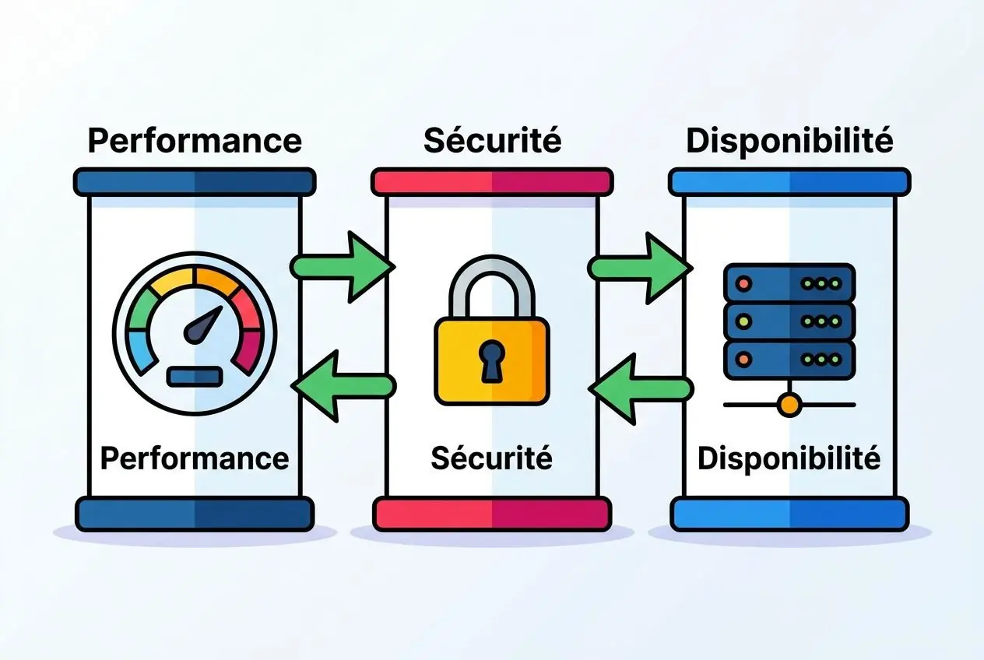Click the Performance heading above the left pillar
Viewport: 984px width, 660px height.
tap(195, 142)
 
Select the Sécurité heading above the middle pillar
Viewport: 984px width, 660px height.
tap(493, 141)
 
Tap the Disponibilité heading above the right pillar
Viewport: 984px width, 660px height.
tap(789, 142)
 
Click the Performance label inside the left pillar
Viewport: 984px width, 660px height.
tap(195, 459)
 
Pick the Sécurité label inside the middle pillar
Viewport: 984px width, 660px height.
tap(491, 458)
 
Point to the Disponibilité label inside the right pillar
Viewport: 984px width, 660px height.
tap(789, 459)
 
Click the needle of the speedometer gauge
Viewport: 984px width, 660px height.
tap(203, 325)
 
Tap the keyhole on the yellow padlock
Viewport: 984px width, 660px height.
tap(491, 361)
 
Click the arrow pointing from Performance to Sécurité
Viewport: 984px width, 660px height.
tap(343, 267)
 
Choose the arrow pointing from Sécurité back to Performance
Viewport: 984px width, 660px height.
tap(343, 387)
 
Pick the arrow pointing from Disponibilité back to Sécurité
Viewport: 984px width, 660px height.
tap(641, 389)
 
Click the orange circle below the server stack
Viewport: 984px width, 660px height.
tap(789, 405)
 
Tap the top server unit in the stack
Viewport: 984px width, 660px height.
tap(789, 283)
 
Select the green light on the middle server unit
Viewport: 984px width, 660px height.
tap(743, 321)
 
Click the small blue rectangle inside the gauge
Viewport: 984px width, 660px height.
tap(195, 377)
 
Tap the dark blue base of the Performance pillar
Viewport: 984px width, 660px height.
tap(195, 514)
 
